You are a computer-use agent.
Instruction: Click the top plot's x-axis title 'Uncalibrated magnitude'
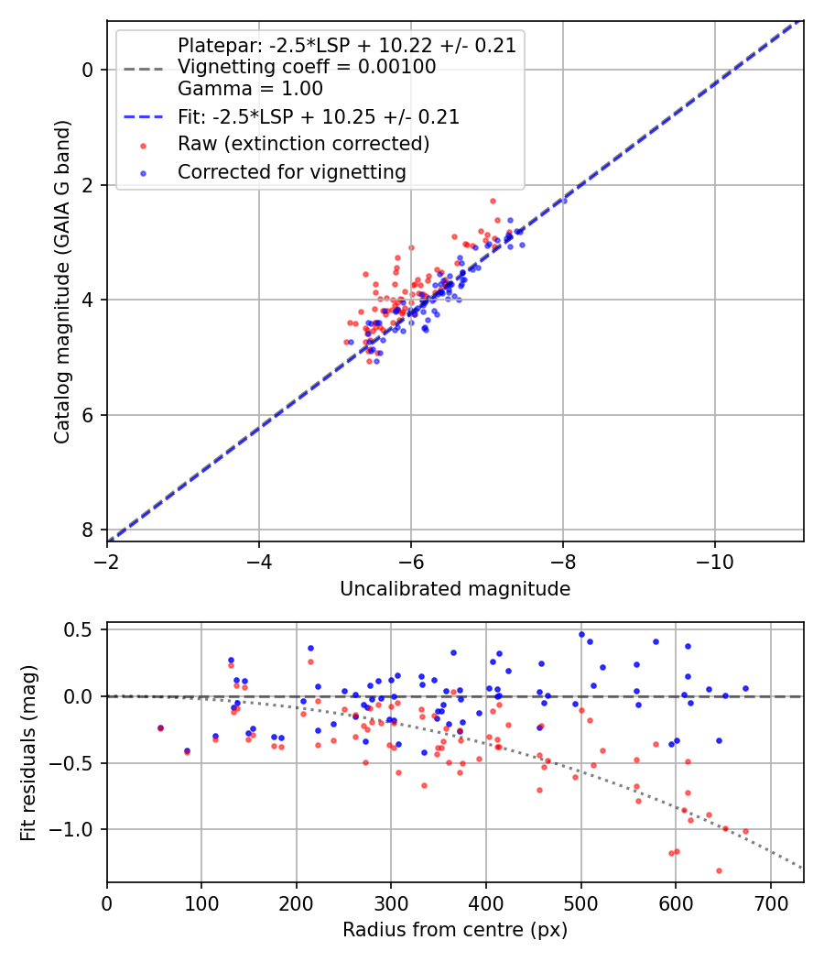tap(455, 589)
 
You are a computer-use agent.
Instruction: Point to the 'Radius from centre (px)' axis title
tap(455, 930)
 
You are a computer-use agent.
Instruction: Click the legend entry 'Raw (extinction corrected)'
tap(303, 144)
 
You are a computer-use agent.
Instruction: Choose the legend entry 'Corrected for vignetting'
tap(291, 171)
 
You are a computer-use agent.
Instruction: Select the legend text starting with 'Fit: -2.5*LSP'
tap(319, 117)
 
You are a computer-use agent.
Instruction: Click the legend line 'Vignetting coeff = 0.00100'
tap(307, 67)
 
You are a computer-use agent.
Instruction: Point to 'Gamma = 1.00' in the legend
tap(250, 89)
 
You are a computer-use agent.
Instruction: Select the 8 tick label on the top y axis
tap(87, 530)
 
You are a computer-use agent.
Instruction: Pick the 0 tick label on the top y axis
tap(87, 70)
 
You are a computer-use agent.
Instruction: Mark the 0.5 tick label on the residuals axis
tap(81, 630)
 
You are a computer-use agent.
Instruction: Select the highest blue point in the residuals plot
tap(581, 634)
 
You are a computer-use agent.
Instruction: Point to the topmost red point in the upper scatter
tap(493, 201)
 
